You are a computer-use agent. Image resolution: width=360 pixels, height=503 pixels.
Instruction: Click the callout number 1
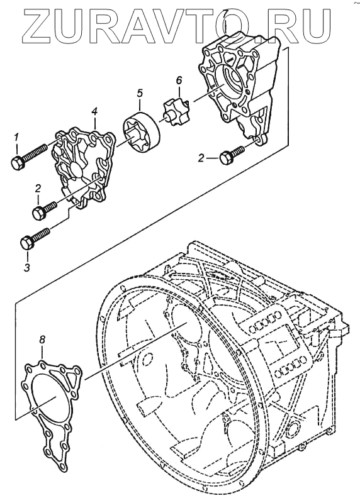pos(16,138)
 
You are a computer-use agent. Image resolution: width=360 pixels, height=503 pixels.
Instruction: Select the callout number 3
pos(27,267)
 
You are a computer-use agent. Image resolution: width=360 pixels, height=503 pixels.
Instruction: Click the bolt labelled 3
pos(35,238)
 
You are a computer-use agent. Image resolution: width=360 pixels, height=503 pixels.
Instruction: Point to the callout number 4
pos(94,112)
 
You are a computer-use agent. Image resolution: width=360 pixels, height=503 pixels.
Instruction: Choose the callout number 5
pos(140,93)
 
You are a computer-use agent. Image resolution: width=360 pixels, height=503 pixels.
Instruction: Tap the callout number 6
pos(179,80)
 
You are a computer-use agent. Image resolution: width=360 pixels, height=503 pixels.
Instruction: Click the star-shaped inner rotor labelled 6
pos(176,113)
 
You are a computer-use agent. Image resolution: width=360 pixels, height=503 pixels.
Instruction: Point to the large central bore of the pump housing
pos(230,81)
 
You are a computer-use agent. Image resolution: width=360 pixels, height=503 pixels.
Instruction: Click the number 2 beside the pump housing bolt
pos(201,158)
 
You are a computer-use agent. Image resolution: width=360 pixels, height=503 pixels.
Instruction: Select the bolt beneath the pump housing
pos(231,155)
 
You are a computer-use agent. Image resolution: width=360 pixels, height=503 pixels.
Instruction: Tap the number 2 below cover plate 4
pos(38,189)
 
